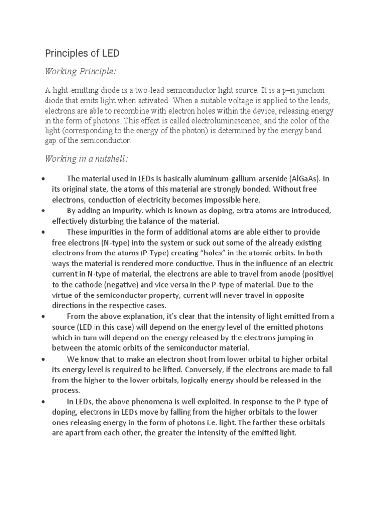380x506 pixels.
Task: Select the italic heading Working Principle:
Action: pyautogui.click(x=81, y=72)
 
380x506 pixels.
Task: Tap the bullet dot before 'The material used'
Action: pyautogui.click(x=45, y=179)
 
